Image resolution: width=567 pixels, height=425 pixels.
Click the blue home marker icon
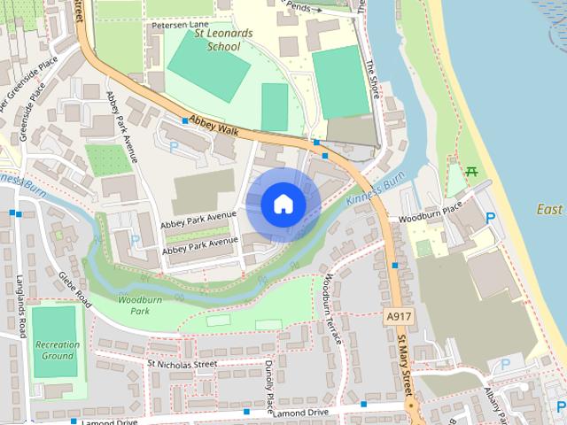tap(283, 205)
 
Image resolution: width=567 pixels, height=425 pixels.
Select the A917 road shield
tap(398, 315)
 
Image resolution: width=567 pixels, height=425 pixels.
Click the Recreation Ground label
tap(57, 350)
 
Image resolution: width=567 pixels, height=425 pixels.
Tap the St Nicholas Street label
tap(183, 363)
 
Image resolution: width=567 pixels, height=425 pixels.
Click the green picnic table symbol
tap(471, 170)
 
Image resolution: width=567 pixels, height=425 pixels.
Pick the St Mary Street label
tap(405, 363)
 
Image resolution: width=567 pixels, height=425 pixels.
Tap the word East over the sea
tap(549, 210)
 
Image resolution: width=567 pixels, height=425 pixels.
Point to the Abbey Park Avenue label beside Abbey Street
tap(122, 126)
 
